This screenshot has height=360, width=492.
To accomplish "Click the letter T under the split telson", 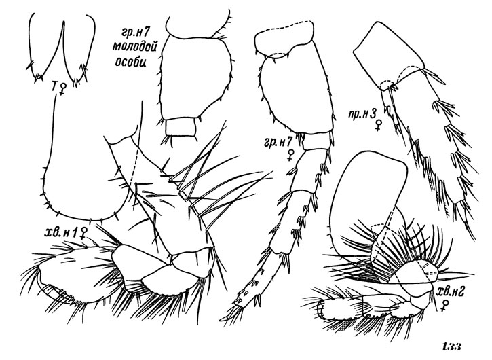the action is [54, 86].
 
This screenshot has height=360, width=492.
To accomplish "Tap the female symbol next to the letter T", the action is [63, 88].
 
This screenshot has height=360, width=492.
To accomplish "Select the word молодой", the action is [134, 46].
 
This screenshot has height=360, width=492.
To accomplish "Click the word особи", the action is [130, 61].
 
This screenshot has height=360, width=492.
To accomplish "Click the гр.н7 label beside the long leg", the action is [276, 143].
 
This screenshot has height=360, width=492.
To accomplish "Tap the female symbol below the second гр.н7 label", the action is [291, 155].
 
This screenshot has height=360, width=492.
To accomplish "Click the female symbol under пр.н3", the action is [379, 125].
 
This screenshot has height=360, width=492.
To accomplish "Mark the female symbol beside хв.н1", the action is [83, 234].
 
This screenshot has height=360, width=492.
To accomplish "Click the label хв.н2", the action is [448, 293].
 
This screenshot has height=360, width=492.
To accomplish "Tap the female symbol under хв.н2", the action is [444, 306].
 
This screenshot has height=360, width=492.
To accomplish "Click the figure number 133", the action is [451, 347].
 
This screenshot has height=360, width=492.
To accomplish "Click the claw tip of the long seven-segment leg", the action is [221, 319].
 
